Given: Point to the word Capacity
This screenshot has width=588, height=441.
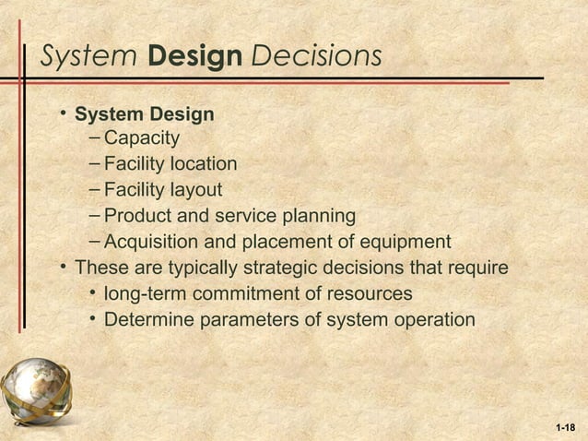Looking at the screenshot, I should tap(141, 139).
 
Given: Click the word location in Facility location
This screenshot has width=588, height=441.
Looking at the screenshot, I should tap(201, 165).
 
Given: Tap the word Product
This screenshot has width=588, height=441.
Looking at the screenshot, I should tap(138, 217).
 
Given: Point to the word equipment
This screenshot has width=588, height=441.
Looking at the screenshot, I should tap(403, 243).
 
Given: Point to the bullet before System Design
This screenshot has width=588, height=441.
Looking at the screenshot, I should tap(63, 113).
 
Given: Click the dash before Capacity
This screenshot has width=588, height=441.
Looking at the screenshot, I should tap(97, 139).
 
